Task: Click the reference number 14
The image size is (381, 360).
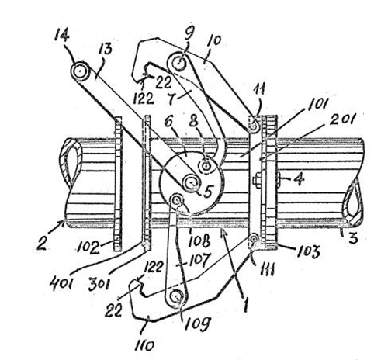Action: (62, 35)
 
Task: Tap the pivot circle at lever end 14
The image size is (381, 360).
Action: (80, 71)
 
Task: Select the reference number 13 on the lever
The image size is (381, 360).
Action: (105, 48)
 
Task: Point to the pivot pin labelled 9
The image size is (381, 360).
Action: (178, 63)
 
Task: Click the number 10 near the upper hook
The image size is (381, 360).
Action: (214, 41)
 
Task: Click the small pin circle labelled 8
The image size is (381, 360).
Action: (206, 165)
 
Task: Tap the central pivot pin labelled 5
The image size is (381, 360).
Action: (192, 183)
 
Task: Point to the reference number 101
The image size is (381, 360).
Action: (317, 105)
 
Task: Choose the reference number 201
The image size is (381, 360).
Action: (344, 120)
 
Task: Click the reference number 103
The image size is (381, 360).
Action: (309, 251)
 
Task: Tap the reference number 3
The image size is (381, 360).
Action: (353, 237)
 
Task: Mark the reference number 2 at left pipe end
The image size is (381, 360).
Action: (42, 244)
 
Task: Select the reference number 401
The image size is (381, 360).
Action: (61, 284)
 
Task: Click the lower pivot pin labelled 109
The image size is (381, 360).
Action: (177, 296)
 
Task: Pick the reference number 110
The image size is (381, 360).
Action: (144, 346)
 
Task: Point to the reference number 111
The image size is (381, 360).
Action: (267, 270)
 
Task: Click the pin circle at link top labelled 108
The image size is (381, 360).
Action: (177, 200)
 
